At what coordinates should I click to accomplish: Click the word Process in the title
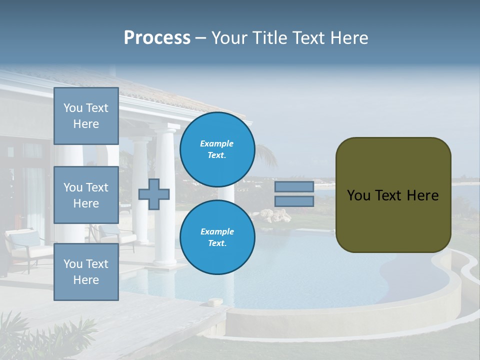point(157,38)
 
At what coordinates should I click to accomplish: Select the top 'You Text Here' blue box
point(86,116)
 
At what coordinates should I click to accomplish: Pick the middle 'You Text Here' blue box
point(86,195)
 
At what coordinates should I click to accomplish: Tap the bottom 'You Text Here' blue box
point(86,271)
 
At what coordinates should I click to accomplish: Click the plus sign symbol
point(154,194)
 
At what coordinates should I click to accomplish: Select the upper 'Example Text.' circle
point(217,149)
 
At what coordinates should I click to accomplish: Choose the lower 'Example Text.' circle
point(217,237)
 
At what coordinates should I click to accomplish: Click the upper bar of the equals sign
point(294,186)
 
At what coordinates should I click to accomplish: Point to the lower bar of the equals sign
point(294,201)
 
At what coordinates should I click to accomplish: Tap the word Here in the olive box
point(422,195)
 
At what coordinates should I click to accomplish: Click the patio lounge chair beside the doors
point(27,247)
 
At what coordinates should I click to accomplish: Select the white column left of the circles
point(164,200)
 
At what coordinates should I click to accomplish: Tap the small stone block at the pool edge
point(215,302)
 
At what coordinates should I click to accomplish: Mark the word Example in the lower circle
point(217,231)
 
